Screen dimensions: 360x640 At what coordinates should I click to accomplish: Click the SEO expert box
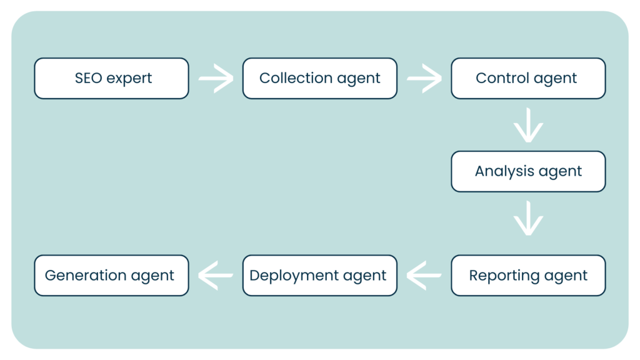pos(111,78)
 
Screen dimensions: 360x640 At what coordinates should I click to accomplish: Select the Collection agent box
pos(319,78)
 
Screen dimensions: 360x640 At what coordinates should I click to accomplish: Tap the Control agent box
pos(528,78)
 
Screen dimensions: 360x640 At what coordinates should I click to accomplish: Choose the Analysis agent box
pos(528,171)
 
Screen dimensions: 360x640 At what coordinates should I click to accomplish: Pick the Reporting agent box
pos(528,275)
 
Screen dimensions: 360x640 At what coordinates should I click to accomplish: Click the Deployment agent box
pos(319,275)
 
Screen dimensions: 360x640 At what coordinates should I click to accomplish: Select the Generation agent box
pos(111,275)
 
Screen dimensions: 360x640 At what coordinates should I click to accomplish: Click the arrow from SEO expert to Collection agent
pos(216,79)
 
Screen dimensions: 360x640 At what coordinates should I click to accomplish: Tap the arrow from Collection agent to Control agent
pos(424,79)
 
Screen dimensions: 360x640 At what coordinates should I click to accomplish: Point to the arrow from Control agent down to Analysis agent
pos(528,125)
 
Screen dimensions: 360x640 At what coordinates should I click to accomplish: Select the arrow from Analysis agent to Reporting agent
pos(528,218)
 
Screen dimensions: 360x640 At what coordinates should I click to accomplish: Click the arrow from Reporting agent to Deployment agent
pos(424,275)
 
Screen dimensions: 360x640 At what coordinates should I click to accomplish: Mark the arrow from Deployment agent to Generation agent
pos(216,275)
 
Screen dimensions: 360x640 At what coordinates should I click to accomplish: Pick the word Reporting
pos(504,276)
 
